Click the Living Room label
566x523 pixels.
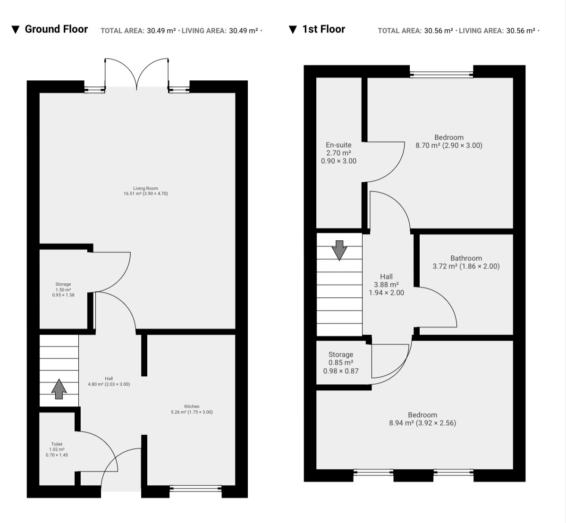coord(146,191)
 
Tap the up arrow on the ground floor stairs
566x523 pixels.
coord(59,389)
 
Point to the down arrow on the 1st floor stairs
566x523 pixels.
coord(339,250)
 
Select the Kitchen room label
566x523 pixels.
coord(192,409)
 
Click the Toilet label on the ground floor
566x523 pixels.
coord(57,450)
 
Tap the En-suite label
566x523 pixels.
coord(338,153)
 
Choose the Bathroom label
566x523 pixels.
coord(466,262)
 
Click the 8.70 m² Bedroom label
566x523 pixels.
coord(448,142)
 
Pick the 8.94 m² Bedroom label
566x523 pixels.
coord(422,419)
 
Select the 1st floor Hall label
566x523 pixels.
coord(386,285)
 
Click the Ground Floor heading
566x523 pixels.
coord(56,29)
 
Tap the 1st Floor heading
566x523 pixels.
coord(323,29)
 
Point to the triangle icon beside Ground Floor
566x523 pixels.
coord(15,30)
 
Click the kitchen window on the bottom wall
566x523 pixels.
coord(195,489)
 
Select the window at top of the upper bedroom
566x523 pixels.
coord(441,75)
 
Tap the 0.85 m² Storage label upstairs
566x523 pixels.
coord(341,363)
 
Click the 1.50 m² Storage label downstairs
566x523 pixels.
coord(63,289)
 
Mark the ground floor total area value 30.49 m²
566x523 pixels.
coord(161,31)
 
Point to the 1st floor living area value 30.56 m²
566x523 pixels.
coord(521,31)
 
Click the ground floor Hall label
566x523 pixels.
coord(109,381)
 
